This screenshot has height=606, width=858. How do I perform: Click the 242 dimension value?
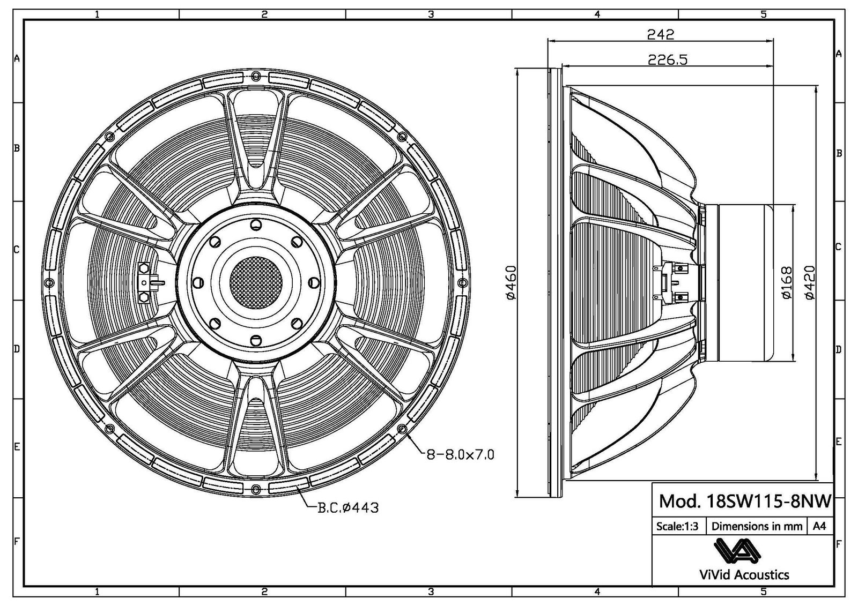(660, 34)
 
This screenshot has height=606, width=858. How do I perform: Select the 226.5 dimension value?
(667, 59)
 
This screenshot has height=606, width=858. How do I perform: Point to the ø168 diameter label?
(787, 283)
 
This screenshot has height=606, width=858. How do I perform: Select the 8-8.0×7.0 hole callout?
(460, 455)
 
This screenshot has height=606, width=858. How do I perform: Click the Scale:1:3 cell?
(677, 526)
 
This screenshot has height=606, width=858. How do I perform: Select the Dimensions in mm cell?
(757, 526)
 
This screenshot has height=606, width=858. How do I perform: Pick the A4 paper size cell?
(819, 526)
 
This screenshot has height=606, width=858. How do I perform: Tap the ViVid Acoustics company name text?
(744, 575)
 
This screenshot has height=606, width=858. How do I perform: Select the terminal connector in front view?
(145, 282)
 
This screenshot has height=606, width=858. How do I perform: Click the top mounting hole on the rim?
(256, 74)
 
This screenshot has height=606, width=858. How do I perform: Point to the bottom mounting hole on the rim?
(256, 488)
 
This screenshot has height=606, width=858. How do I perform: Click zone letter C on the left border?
(17, 249)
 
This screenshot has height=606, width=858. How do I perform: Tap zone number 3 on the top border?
(431, 14)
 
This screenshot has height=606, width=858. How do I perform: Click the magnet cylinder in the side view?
(743, 283)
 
